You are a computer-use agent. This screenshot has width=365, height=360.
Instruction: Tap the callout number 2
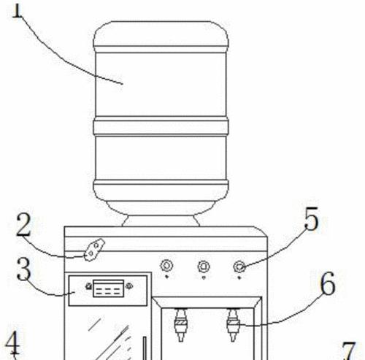(x=23, y=224)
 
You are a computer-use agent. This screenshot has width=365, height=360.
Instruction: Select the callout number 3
(x=24, y=269)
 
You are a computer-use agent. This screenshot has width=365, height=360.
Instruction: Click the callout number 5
(x=311, y=218)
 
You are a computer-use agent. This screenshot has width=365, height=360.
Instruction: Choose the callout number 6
(x=328, y=283)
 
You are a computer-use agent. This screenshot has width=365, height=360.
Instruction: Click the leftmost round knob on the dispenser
(x=166, y=266)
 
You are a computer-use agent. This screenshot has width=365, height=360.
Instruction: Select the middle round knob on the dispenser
(x=204, y=267)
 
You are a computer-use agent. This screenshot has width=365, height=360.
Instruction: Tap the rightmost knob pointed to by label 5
(x=239, y=267)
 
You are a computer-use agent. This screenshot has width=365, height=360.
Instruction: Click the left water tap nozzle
(x=181, y=325)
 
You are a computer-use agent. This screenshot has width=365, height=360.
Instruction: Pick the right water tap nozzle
(x=233, y=325)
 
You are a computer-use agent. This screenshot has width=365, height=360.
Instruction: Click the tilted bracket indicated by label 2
(x=94, y=250)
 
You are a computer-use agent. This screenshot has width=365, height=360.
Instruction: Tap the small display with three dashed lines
(x=109, y=288)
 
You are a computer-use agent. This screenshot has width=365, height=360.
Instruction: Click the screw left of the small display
(x=89, y=286)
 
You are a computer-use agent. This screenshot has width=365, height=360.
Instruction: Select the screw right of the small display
(x=129, y=286)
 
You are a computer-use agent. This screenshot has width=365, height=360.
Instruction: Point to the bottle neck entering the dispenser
(x=161, y=221)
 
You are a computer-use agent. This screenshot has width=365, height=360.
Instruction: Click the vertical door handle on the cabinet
(x=145, y=348)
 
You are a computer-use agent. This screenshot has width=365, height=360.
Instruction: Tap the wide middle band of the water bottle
(x=161, y=127)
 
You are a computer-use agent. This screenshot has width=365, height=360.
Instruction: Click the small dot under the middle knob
(x=204, y=277)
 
